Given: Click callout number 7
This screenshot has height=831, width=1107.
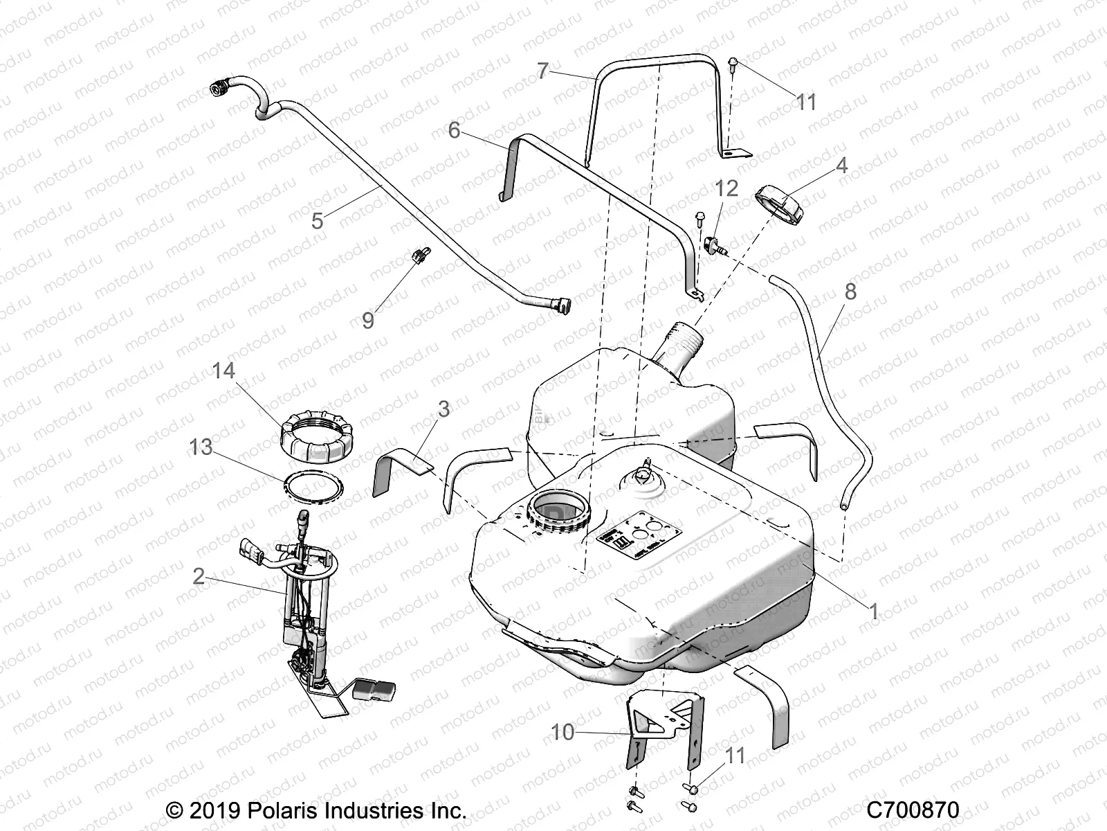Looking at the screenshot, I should coord(542,70).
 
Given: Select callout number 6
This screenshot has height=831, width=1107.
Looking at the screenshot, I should coord(454,129).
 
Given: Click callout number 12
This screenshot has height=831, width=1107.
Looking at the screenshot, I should coord(727,188).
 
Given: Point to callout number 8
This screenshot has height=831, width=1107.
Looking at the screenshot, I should coord(850,292).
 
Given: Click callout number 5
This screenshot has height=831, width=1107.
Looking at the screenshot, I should coord(318,221).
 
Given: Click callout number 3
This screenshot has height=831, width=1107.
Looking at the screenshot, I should coord(443,409).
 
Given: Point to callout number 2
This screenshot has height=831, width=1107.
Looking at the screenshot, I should coord(199,575).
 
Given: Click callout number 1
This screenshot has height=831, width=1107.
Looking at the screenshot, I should coord(873,611).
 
